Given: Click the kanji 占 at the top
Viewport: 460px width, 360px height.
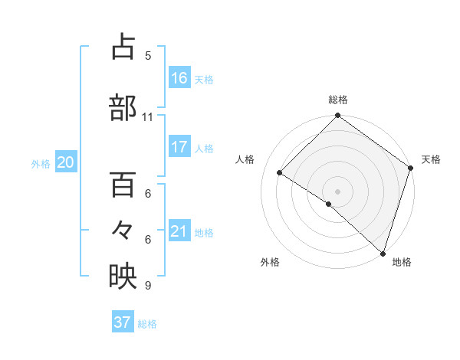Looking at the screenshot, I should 123,47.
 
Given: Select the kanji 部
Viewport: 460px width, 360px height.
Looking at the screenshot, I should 123,108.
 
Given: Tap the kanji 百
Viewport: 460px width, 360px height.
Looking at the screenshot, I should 123,185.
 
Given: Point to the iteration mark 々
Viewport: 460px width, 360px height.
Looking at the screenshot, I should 123,231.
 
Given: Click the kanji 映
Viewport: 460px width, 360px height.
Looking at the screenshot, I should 123,277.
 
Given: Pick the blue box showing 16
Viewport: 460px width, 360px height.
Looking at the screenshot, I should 179,77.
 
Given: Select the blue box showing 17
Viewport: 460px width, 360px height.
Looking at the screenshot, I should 179,147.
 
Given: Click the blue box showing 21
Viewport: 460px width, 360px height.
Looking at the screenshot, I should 179,231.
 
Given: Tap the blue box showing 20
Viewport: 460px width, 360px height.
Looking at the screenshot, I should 65,162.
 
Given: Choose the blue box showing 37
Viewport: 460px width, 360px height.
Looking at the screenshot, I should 123,322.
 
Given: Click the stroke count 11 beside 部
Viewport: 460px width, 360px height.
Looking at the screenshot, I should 147,117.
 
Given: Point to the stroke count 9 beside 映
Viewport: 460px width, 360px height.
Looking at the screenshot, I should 147,286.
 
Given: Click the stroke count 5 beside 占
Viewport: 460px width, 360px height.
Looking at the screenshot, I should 147,56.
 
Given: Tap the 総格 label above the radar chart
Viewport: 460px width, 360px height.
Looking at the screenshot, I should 338,100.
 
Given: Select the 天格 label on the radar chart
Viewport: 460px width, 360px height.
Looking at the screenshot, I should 431,159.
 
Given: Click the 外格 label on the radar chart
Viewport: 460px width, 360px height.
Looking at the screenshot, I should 270,262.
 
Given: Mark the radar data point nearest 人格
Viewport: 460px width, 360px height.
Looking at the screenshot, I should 280,173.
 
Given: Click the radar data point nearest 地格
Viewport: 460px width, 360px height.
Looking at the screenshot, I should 382,253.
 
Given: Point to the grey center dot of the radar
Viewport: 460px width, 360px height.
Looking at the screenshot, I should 337,190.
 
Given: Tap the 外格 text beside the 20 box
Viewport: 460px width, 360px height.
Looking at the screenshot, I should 41,163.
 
